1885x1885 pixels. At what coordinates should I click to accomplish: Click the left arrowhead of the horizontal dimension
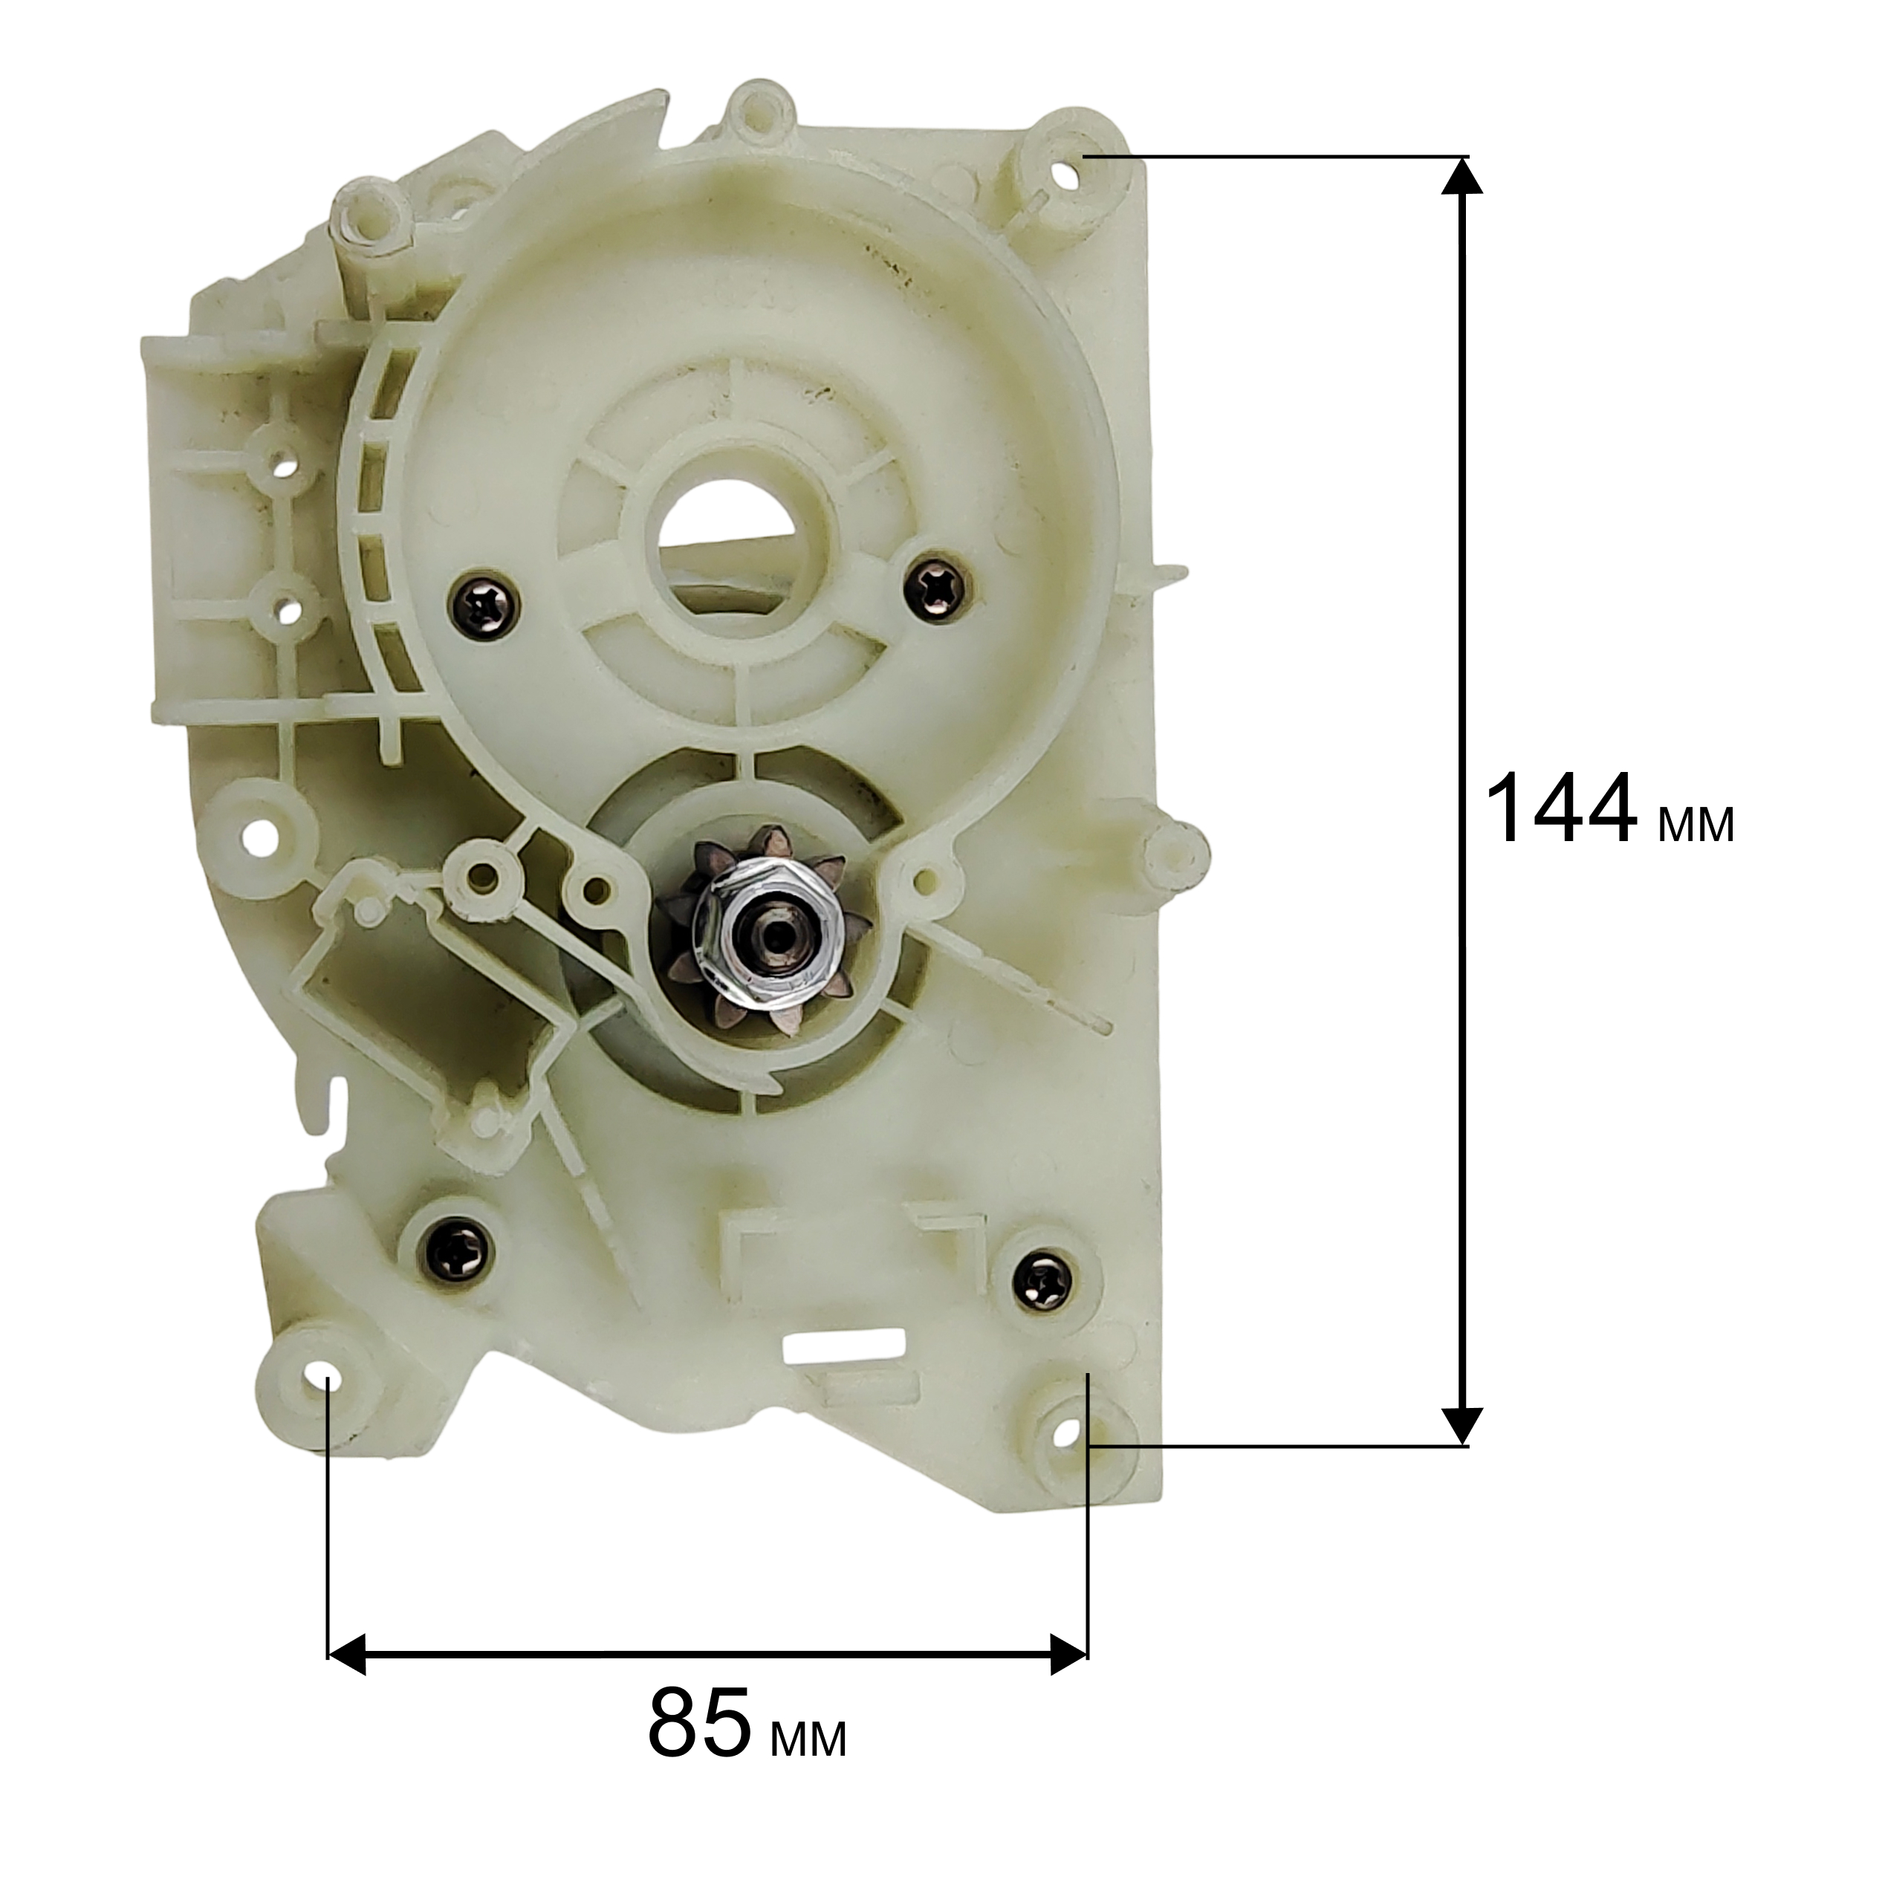point(345,1655)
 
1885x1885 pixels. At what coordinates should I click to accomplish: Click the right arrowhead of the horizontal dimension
point(1068,1655)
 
